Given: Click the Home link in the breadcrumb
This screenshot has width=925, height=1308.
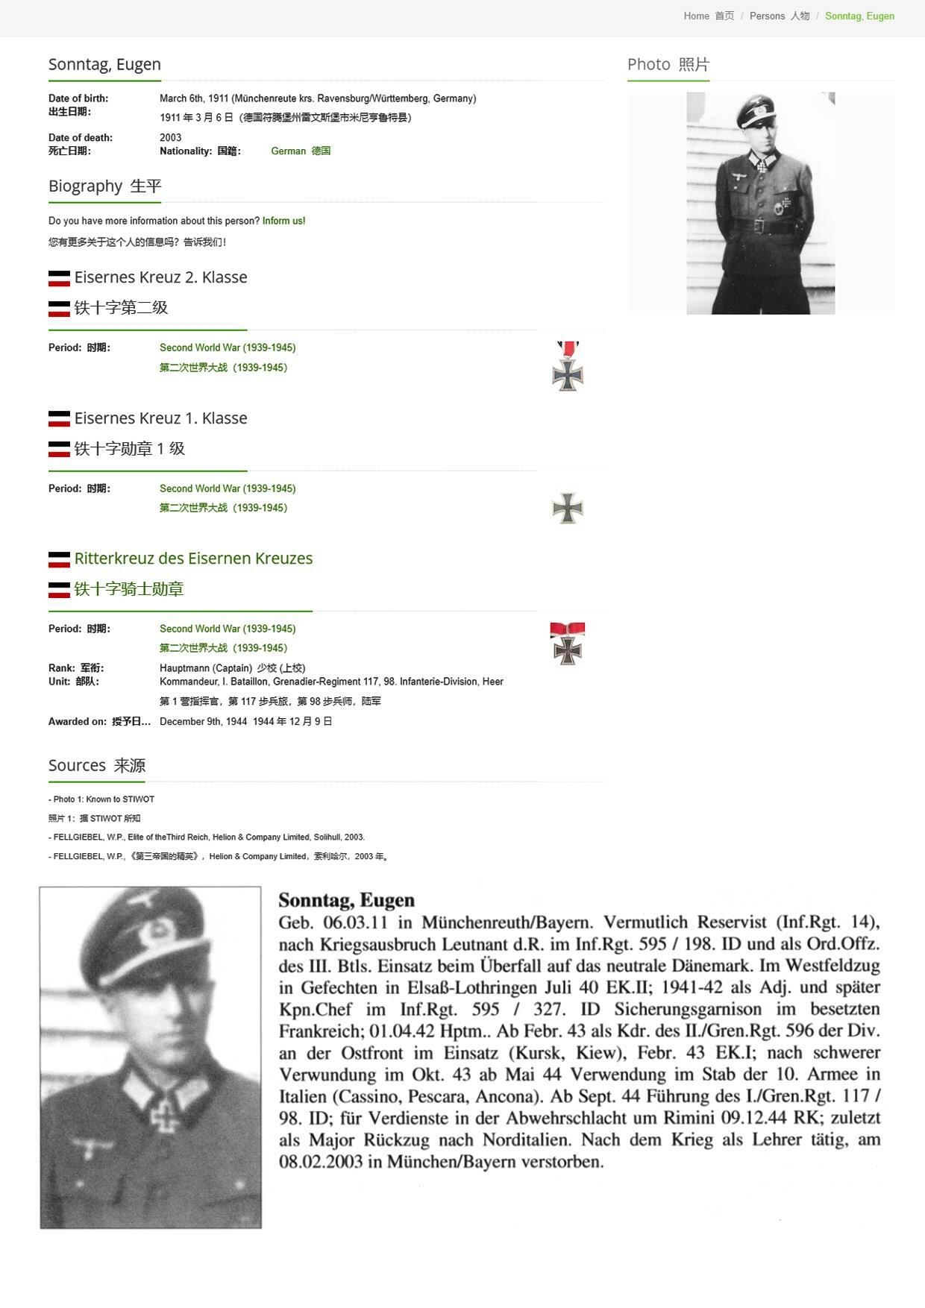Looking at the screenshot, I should pos(696,16).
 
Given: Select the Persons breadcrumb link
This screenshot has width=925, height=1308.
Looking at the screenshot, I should pos(767,16).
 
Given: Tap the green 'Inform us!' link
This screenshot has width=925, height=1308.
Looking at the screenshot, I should pos(283,221).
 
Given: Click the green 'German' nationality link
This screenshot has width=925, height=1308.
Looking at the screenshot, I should pos(288,151).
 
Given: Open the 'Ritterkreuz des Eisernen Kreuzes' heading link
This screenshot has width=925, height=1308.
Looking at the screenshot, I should pos(193,559).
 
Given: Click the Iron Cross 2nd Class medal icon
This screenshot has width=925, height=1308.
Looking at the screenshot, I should pos(568,366).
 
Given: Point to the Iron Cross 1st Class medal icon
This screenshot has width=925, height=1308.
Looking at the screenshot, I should pos(568,508).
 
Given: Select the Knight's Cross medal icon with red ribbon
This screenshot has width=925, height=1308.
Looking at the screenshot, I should pos(568,643).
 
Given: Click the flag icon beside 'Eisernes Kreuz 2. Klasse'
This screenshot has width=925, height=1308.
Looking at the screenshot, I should pos(59,278).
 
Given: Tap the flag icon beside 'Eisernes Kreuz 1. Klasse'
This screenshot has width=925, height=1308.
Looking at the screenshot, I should pos(59,419).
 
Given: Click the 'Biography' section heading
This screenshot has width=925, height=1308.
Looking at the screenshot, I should pos(85,186).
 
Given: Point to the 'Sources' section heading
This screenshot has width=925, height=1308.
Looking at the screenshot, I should pos(77,765).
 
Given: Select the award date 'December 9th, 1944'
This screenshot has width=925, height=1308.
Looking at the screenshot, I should pos(203,721).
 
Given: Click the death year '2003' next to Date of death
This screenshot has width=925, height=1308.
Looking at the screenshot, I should pos(170,137).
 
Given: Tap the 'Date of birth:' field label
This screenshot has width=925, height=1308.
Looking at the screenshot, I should pos(78,98).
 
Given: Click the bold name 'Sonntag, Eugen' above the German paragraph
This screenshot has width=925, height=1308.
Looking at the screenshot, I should pos(346,900).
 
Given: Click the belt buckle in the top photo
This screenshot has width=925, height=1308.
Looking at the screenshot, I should pos(759,225).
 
